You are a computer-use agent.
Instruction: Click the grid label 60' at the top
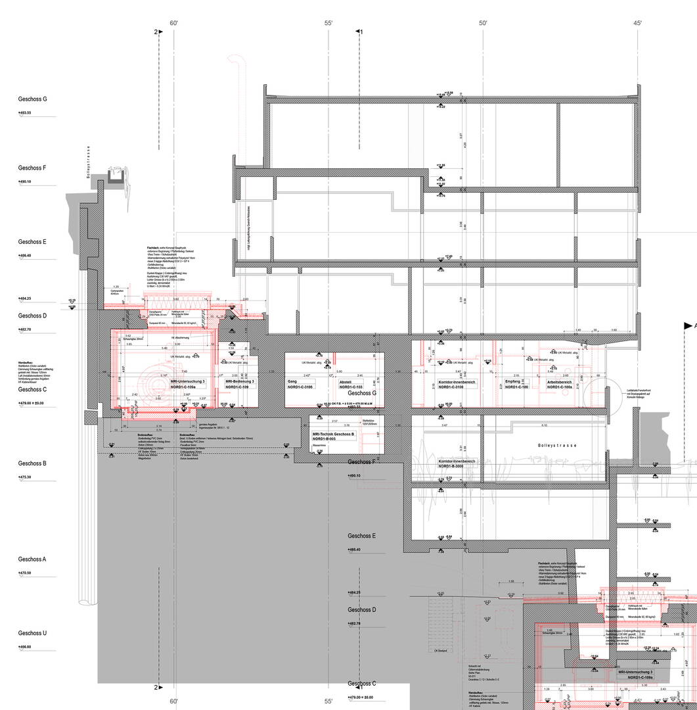coord(174,24)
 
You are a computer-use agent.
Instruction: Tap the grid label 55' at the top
coord(328,24)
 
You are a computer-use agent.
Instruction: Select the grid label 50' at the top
coord(483,24)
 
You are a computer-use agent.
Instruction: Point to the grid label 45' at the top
coord(638,24)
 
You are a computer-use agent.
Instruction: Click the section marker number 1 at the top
coord(361,32)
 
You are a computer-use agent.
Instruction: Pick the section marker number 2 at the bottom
coord(156,688)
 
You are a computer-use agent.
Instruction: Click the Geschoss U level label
coord(32,633)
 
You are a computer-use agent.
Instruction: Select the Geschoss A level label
coord(32,559)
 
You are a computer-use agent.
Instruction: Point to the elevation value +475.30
coord(24,477)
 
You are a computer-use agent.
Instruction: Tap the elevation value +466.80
coord(24,647)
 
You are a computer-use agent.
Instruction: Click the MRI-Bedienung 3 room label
coord(240,385)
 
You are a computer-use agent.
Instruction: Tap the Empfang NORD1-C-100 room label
coord(516,385)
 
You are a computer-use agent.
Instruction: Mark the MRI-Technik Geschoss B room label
coord(333,437)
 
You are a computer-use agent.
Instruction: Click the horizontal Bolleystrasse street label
coord(556,445)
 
